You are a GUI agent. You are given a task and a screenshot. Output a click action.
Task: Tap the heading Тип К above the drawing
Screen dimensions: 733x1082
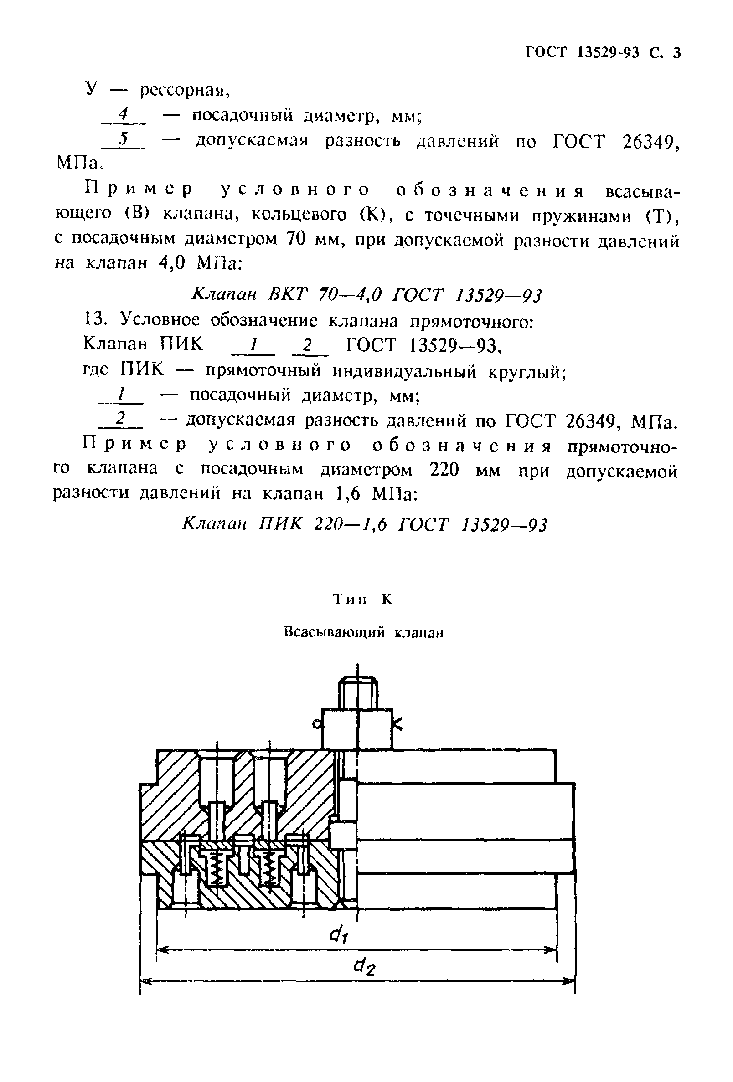(x=363, y=599)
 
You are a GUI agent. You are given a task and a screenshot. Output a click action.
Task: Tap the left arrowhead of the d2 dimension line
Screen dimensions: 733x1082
(x=145, y=982)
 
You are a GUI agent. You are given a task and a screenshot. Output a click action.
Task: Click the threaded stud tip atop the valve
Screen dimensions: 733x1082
(x=358, y=690)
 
